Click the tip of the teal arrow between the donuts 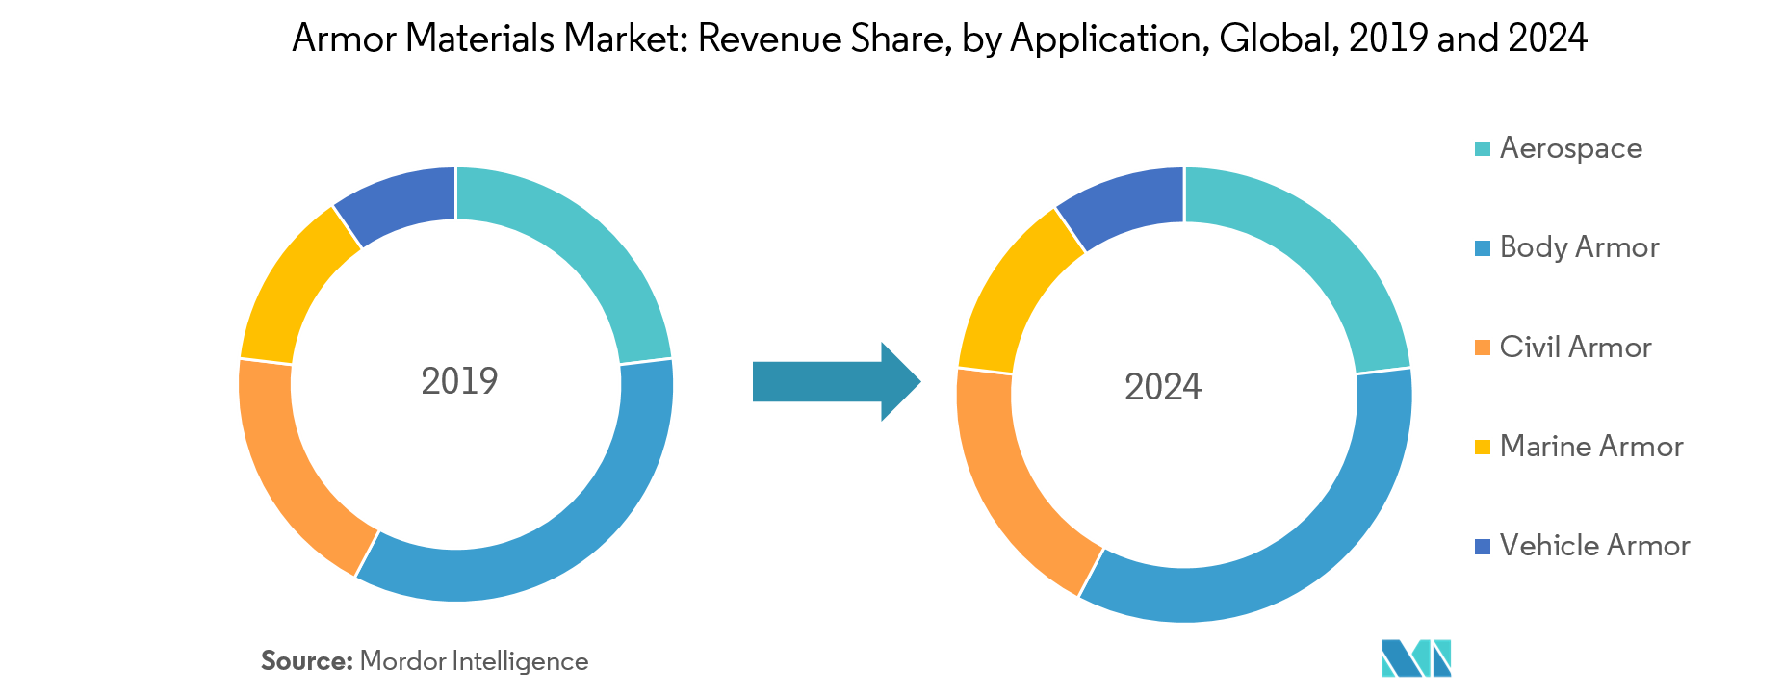click(x=921, y=382)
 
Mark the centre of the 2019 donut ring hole click(x=456, y=384)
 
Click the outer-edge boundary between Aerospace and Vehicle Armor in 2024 click(x=1184, y=167)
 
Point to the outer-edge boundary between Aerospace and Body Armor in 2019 click(x=671, y=358)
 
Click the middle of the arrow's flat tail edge click(x=753, y=382)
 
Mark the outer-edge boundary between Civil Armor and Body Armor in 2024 click(x=1078, y=597)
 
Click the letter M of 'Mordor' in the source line click(x=371, y=661)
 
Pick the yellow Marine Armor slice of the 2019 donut click(x=290, y=289)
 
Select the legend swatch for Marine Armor click(x=1483, y=447)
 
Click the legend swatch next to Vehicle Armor click(x=1483, y=546)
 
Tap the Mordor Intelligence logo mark click(x=1416, y=658)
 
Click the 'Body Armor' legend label click(x=1579, y=247)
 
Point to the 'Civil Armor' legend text click(x=1575, y=347)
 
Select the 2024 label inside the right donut click(x=1163, y=387)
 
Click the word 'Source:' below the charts click(x=307, y=661)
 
